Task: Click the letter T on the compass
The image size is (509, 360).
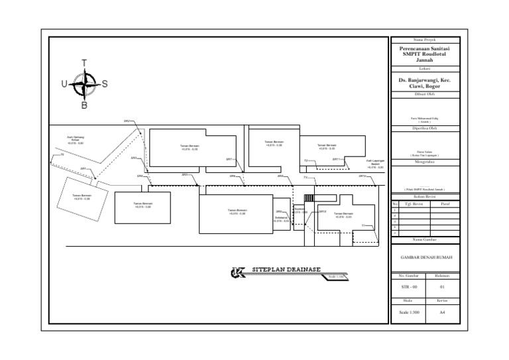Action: pos(84,63)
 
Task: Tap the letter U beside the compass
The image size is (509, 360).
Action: pos(64,84)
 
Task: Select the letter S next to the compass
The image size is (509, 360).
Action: pos(105,84)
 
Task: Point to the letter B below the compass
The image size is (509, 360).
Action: pos(84,105)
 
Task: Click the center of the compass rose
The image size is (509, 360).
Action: pos(84,84)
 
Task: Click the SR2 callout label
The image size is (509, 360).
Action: pos(127,121)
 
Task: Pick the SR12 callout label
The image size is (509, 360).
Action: pos(362,176)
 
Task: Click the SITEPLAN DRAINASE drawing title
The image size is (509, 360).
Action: pos(286,270)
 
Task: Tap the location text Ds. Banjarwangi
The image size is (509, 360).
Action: pos(424,82)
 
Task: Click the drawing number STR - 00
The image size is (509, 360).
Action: pos(410,287)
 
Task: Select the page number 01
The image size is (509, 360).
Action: pos(442,287)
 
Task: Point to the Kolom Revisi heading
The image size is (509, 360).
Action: pos(424,197)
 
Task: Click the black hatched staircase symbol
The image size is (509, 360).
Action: pos(308,198)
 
